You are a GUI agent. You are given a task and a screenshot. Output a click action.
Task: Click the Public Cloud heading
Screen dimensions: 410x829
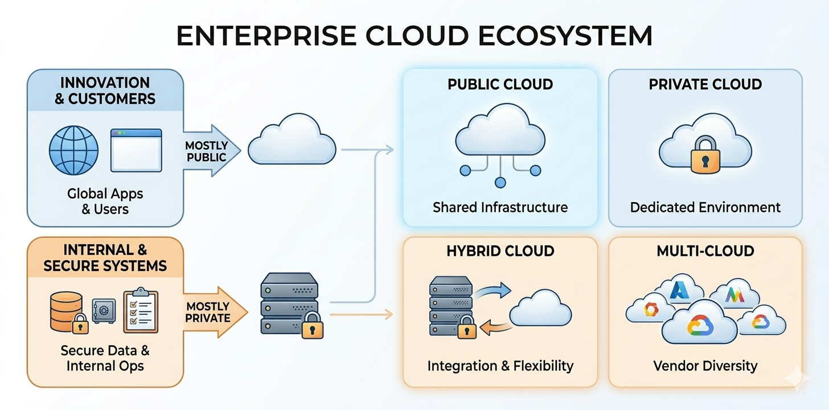500,85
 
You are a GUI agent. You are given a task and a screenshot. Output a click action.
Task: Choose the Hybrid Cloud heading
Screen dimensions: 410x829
500,251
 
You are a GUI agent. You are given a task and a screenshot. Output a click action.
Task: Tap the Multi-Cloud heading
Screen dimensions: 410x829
705,251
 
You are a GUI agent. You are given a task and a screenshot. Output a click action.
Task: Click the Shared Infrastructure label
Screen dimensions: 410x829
500,207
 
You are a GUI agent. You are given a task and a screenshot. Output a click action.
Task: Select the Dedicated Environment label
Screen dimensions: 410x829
705,207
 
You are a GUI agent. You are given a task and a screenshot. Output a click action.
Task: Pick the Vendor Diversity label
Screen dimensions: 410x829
705,365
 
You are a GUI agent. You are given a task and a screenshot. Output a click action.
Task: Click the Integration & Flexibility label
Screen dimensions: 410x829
500,365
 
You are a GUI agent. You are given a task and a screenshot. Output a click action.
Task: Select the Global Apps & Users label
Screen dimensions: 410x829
105,201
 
